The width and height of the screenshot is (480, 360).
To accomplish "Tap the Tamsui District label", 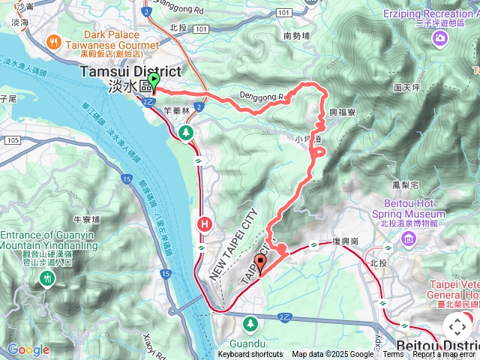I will point(130,72).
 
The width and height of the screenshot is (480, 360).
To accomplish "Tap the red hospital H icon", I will point(204,223).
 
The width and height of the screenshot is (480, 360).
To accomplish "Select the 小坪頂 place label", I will point(307,139).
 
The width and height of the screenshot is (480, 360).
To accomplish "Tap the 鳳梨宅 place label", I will point(405,184).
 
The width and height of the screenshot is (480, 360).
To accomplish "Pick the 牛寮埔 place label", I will point(87,219).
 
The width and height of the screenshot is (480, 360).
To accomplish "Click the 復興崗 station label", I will point(344,242).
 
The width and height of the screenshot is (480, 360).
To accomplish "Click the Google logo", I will point(28,349).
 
